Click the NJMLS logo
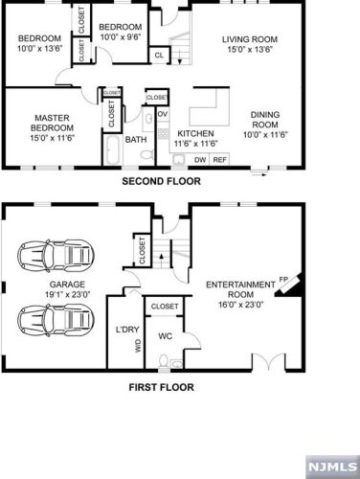point(332,467)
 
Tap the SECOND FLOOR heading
point(161,181)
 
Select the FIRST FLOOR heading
point(161,387)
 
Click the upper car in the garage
point(56,256)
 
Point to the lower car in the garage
point(56,320)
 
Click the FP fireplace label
point(283,280)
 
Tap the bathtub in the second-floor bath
point(112,149)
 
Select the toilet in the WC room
point(164,361)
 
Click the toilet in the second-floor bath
point(146,154)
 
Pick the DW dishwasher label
point(200,160)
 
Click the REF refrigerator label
point(219,160)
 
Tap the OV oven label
point(163,114)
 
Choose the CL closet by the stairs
point(159,55)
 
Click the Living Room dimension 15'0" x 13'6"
point(250,50)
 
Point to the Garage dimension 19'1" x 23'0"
point(67,294)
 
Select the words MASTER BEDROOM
point(53,123)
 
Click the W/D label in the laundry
point(138,346)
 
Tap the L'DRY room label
point(127,330)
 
